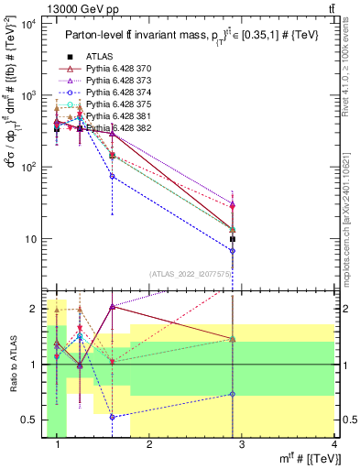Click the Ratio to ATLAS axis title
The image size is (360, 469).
11,365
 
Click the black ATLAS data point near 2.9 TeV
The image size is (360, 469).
233,239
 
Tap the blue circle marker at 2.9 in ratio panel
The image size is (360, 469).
233,394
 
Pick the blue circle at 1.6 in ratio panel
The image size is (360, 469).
112,417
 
